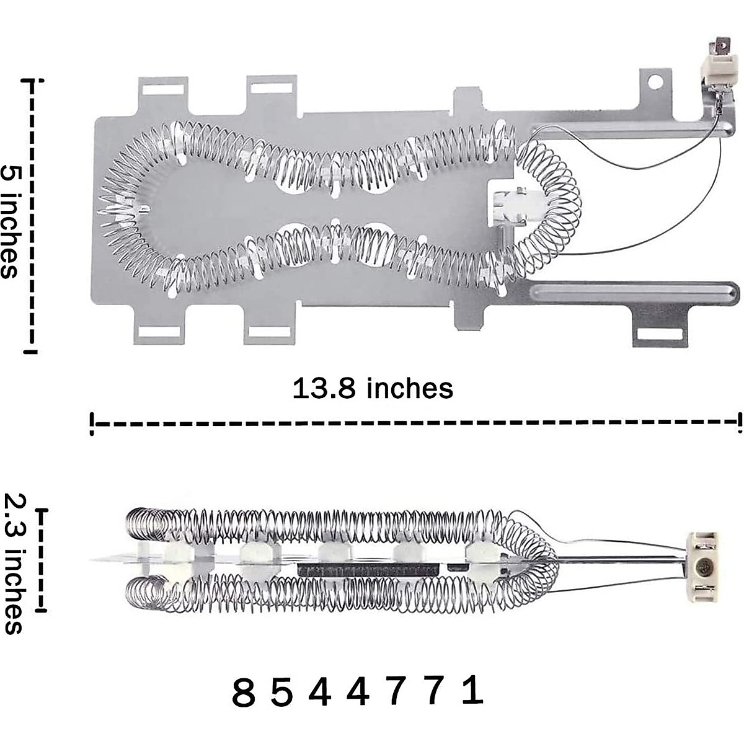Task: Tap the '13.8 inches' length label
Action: point(373,389)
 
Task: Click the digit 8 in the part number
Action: point(243,693)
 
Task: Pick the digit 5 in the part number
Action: point(282,693)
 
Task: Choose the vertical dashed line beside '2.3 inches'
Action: point(43,560)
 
